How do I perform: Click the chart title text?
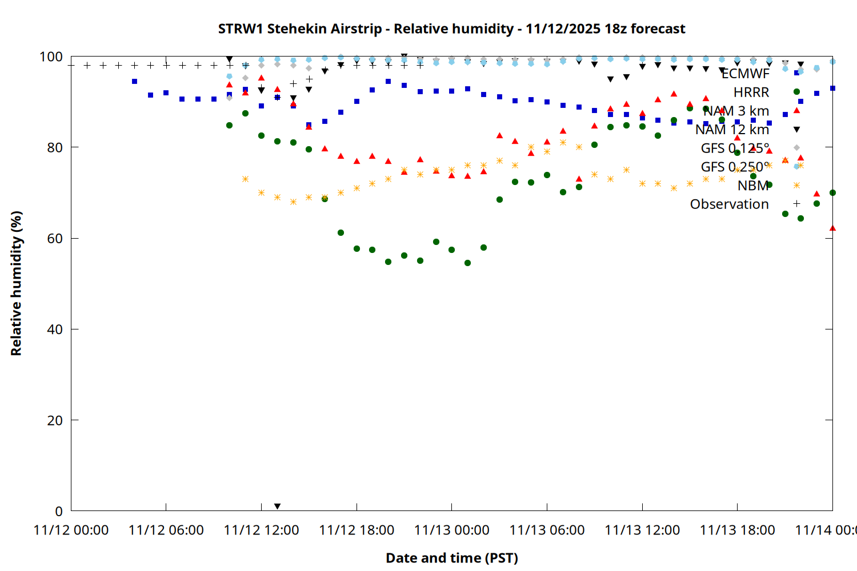point(451,29)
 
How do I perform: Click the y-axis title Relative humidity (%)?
point(16,283)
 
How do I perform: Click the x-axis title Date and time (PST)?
point(451,558)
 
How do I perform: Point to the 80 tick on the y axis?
point(55,147)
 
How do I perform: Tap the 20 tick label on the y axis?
point(55,420)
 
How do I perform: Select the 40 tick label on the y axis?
point(55,329)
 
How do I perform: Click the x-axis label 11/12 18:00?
point(357,530)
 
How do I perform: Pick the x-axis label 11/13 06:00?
point(547,530)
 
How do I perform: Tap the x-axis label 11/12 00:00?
point(71,530)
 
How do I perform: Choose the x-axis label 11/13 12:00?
point(642,530)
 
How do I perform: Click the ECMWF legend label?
point(745,74)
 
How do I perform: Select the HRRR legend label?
point(751,93)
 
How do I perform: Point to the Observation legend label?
point(729,204)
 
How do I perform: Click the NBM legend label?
point(753,186)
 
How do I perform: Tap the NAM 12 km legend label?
point(732,130)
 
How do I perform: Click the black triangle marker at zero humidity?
point(277,506)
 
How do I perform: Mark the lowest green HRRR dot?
point(467,263)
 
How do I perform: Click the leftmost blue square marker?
point(134,82)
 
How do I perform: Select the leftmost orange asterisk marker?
point(245,179)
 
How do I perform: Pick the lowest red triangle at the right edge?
point(832,228)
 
